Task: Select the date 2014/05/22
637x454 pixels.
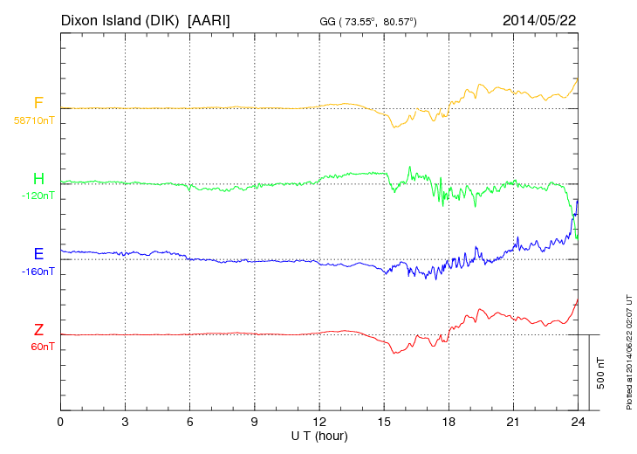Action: [539, 19]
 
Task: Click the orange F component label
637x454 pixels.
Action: [38, 103]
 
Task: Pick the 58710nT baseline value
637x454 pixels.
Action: [33, 120]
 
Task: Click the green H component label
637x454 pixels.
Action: [38, 179]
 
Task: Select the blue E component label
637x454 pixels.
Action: [38, 254]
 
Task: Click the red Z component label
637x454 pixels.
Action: [38, 330]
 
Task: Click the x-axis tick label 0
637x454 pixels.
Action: [60, 423]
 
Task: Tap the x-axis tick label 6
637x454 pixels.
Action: [189, 423]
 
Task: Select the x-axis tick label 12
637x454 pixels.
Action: [319, 423]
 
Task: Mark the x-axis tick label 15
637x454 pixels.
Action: [384, 423]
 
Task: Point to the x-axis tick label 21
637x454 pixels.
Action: [513, 423]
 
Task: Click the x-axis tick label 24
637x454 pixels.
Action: [578, 423]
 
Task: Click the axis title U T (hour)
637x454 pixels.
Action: [319, 435]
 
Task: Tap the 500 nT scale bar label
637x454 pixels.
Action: [601, 372]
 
